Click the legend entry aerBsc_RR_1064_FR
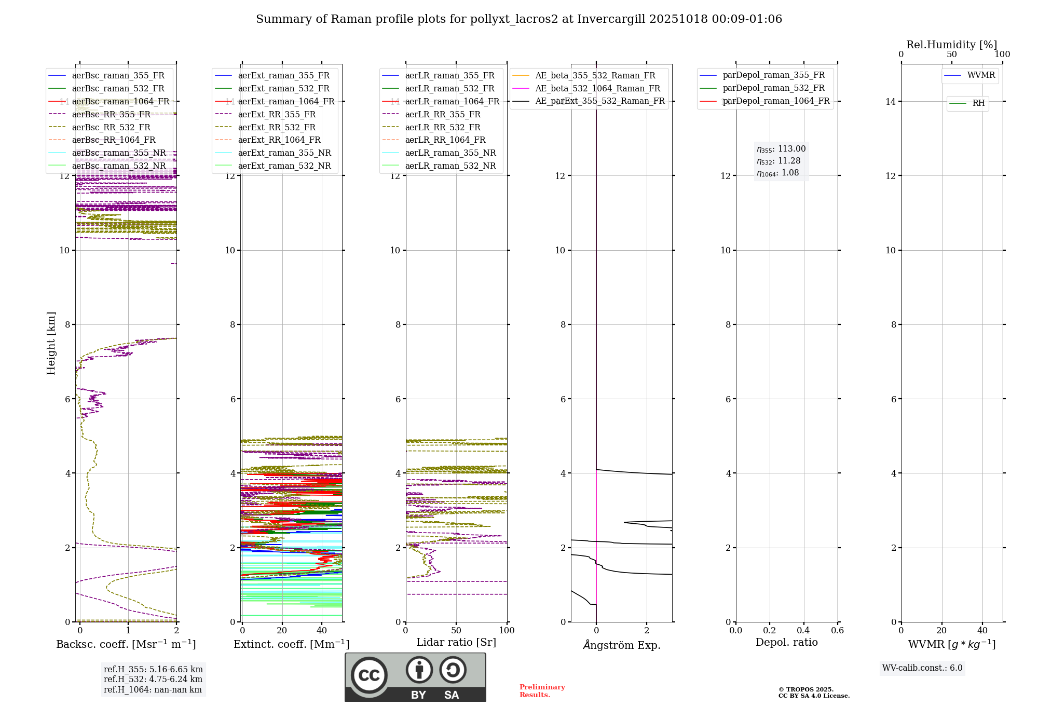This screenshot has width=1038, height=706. (114, 140)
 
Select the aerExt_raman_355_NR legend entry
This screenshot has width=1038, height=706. (284, 153)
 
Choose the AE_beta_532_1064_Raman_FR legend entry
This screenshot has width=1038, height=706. (597, 88)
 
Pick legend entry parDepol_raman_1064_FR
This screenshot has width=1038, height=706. (776, 101)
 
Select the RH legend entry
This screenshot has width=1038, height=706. (978, 103)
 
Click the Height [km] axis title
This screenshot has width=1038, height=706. (51, 343)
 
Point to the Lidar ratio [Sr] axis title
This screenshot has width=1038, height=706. (456, 642)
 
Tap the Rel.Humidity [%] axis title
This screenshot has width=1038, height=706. (951, 45)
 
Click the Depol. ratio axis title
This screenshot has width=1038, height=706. (786, 642)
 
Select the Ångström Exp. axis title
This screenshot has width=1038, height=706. (621, 645)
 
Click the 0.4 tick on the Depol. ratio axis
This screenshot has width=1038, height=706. (803, 630)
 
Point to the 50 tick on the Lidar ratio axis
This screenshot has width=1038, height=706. (456, 630)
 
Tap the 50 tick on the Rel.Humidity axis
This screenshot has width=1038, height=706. (951, 55)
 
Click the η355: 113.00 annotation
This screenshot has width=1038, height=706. (781, 149)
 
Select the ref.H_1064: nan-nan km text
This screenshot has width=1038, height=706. (153, 689)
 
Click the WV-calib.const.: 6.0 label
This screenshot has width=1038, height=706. (922, 668)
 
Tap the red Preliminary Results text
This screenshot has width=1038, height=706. (542, 691)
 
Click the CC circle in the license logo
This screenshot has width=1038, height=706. (369, 675)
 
